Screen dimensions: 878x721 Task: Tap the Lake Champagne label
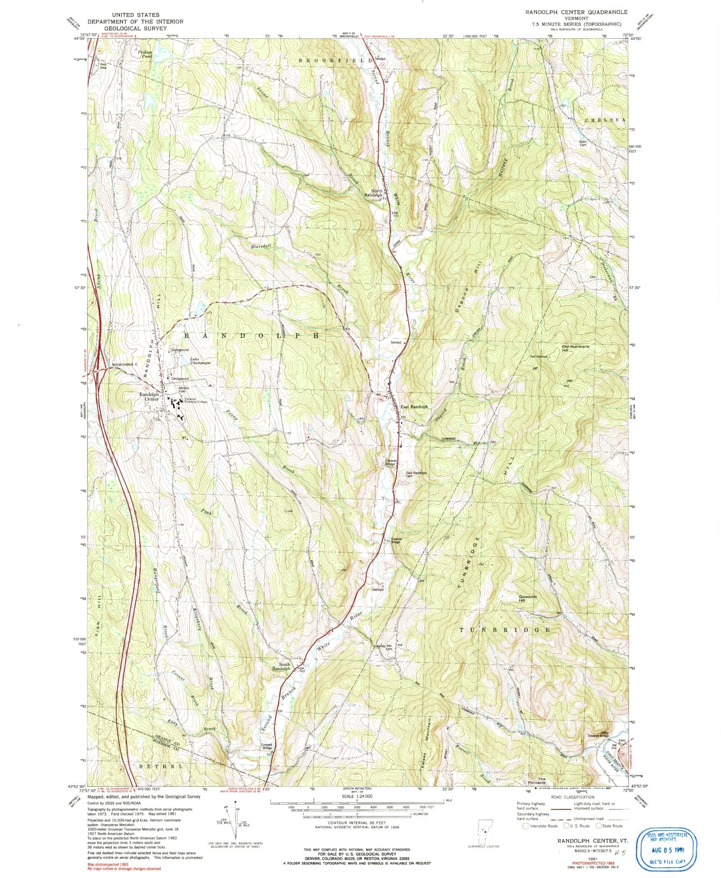pyautogui.click(x=200, y=360)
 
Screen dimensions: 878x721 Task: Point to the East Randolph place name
pyautogui.click(x=414, y=407)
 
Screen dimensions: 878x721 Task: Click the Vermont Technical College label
pyautogui.click(x=193, y=400)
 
